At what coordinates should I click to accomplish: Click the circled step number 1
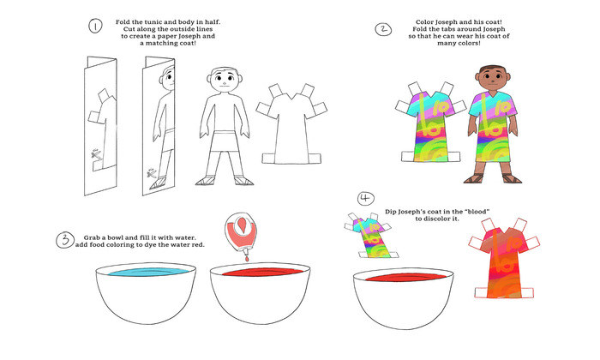95,27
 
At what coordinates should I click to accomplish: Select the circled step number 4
366,199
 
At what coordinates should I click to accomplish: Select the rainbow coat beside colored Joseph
426,124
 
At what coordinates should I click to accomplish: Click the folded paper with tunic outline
104,129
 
